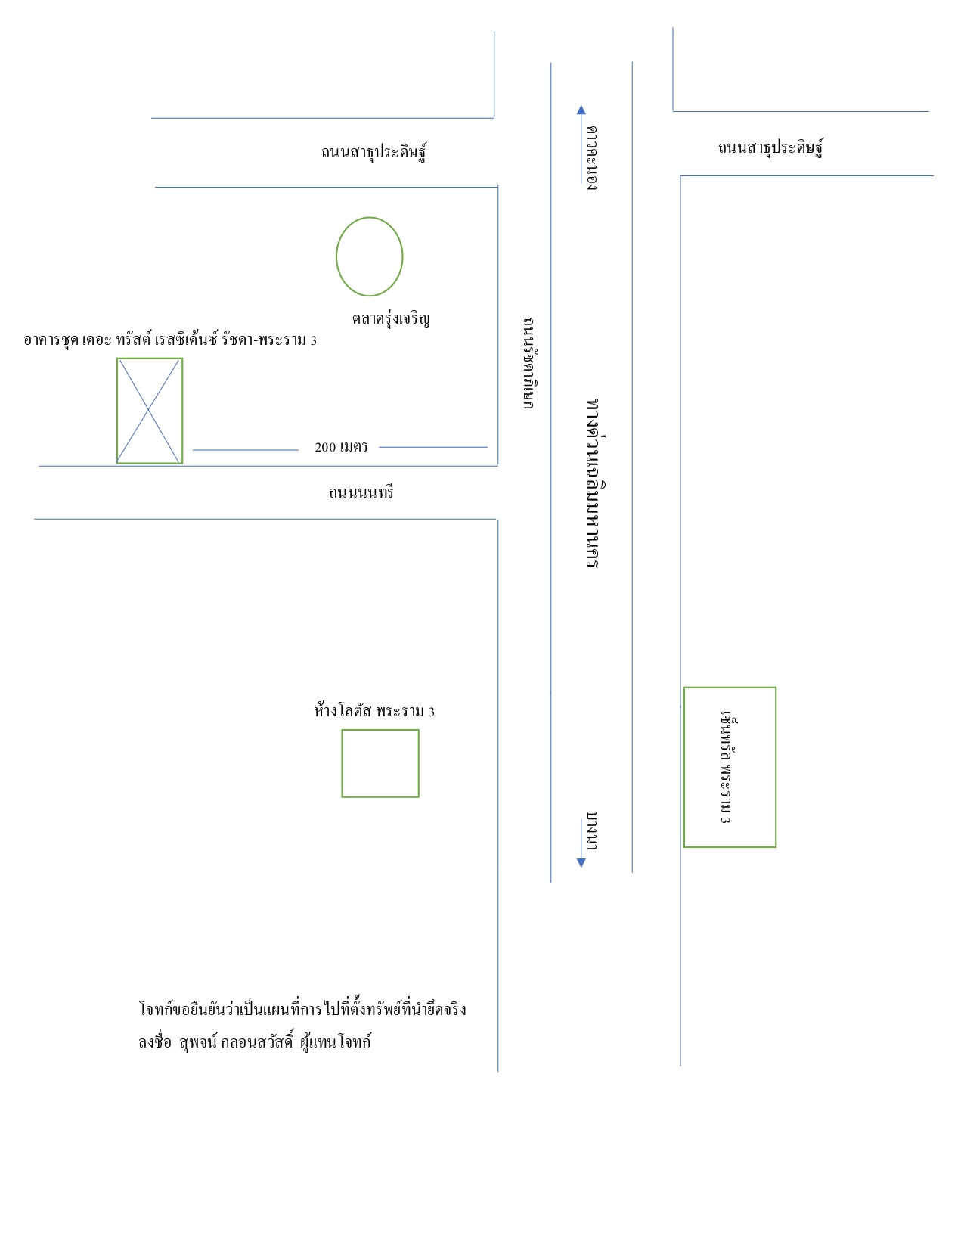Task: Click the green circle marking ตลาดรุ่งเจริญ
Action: pos(336,256)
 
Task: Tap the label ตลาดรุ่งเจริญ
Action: pos(391,318)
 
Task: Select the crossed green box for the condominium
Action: pos(117,411)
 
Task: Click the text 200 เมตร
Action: pos(341,447)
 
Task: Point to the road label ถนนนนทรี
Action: pos(361,492)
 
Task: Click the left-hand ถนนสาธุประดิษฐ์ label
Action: pos(374,151)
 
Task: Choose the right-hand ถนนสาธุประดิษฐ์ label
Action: pos(770,147)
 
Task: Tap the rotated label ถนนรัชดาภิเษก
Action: pos(529,364)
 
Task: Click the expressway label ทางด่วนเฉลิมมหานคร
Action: pos(594,483)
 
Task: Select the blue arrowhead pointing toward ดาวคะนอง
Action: pos(581,110)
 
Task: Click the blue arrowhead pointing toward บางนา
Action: pos(581,862)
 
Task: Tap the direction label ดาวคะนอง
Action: pos(592,158)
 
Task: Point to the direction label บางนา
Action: pos(592,830)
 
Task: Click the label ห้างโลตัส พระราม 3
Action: pos(374,711)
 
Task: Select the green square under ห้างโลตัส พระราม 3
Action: pos(343,763)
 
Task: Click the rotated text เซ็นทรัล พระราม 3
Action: pos(728,767)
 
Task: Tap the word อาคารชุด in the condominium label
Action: pos(51,340)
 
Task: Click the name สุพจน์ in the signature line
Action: pos(198,1042)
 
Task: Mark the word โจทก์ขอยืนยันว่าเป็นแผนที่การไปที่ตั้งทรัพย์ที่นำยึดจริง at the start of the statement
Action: pos(302,1009)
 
